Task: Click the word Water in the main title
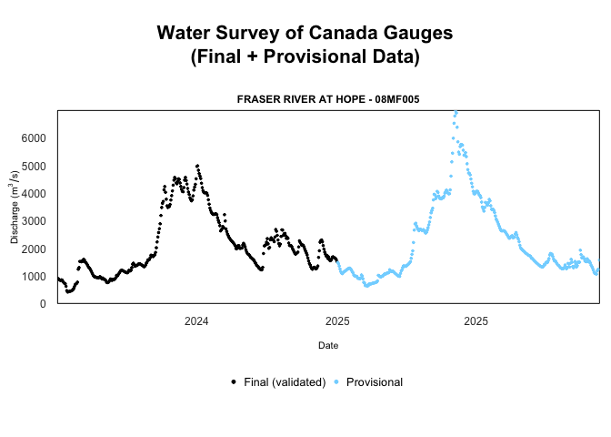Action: point(185,33)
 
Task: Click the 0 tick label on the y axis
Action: point(45,304)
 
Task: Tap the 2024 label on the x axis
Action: point(196,320)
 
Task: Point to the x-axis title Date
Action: point(328,345)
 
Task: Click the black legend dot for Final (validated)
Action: point(234,382)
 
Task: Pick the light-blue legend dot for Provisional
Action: point(336,382)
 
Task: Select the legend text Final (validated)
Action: point(285,382)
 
